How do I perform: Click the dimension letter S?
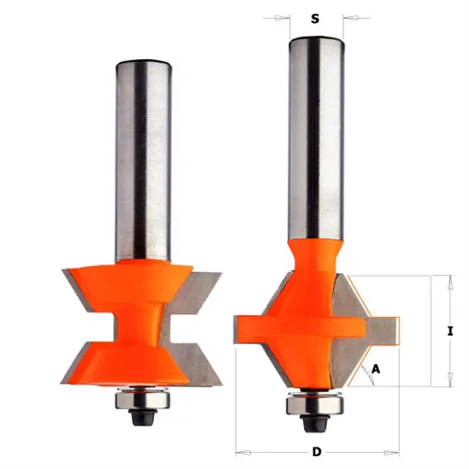315,16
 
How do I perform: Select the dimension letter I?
450,331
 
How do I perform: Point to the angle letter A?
376,369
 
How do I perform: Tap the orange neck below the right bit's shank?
315,258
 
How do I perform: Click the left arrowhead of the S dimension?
282,16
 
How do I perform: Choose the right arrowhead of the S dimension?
349,16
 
